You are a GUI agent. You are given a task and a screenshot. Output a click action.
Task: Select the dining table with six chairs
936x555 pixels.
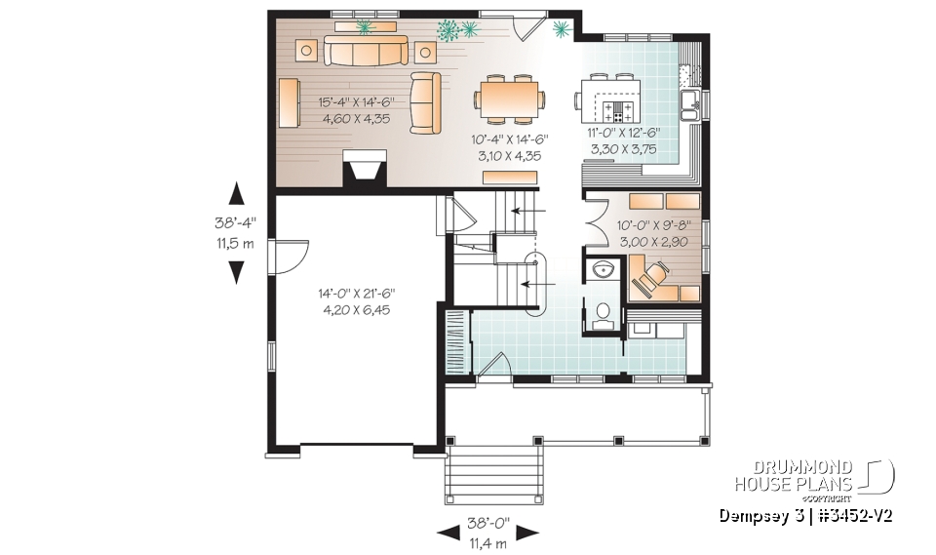tap(510, 97)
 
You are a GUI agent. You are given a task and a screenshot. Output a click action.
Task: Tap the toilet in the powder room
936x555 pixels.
tap(604, 313)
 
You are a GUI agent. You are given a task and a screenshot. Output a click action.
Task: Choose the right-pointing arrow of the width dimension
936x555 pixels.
tap(526, 533)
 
